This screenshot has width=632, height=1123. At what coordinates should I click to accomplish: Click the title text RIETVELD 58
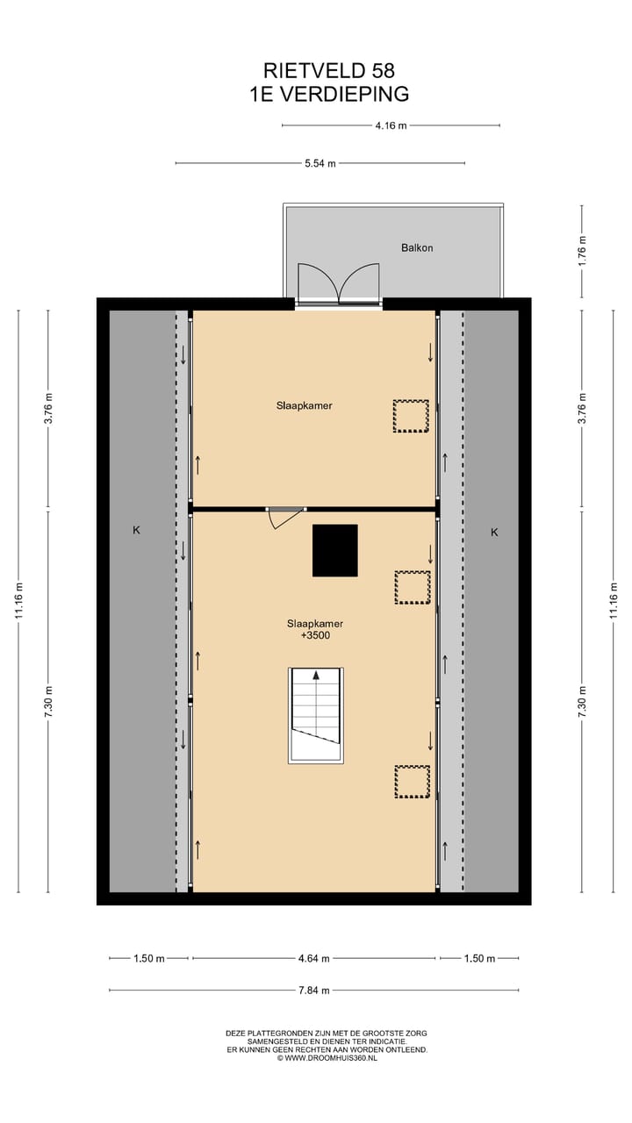328,71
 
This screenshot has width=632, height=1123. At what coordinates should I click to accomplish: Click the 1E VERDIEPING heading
328,94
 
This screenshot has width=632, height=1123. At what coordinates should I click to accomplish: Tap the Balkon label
417,248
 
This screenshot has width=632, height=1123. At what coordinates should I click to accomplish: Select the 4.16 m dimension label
391,125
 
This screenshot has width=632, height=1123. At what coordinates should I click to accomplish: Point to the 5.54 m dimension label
320,163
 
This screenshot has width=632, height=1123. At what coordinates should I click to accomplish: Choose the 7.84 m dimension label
313,991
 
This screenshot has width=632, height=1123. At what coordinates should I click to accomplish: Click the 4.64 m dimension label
314,959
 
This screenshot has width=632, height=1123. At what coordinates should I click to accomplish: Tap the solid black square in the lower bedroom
335,550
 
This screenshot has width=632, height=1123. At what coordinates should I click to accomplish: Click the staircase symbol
315,715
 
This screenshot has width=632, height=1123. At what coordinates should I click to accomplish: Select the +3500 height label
314,636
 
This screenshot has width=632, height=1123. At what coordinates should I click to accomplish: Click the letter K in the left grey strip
137,531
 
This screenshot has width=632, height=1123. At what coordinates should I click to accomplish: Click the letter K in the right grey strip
494,533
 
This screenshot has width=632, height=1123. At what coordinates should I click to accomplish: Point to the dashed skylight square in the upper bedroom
411,416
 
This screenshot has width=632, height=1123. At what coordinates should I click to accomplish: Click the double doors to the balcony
338,285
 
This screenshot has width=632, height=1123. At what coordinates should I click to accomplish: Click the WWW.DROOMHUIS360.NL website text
328,1058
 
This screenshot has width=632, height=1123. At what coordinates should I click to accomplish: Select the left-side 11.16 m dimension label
18,601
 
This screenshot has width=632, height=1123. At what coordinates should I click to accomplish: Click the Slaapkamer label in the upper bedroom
304,406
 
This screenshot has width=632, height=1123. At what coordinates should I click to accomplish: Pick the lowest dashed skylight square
412,781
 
